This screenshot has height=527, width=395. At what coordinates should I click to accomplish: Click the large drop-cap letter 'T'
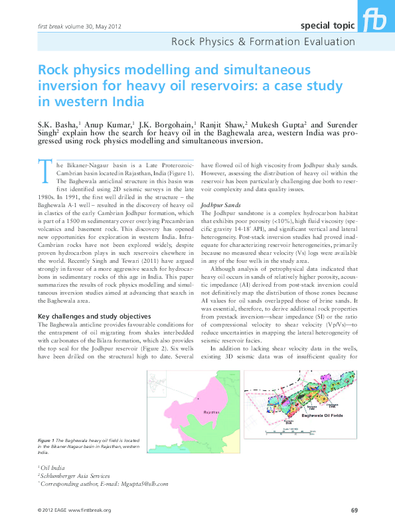tap(44, 171)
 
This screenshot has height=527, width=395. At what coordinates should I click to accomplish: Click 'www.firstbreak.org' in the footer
tap(90, 510)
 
